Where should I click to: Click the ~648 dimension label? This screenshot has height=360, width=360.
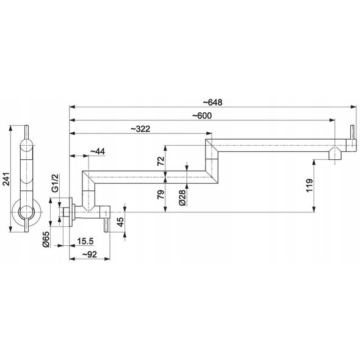(212, 103)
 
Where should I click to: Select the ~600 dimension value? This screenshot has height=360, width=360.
(202, 116)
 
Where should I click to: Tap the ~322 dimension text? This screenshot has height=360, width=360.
(140, 129)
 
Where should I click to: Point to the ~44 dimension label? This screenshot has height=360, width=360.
(98, 151)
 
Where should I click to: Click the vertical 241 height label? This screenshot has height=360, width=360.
(6, 179)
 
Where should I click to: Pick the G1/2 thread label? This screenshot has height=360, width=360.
(55, 183)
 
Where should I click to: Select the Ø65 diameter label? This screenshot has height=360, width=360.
(46, 239)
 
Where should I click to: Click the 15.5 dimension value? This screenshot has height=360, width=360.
(85, 241)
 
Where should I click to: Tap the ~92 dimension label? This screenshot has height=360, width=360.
(90, 254)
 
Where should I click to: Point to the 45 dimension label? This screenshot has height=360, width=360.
(120, 221)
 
